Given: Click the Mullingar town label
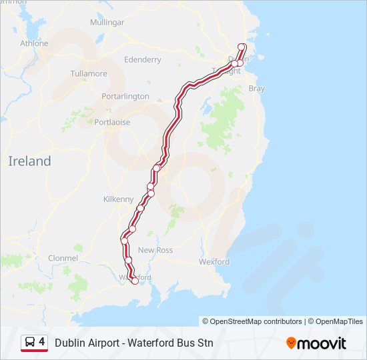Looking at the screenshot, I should (107, 22).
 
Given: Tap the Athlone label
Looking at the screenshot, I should (34, 43).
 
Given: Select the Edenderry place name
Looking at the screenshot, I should (143, 59).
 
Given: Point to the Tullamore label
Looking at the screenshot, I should (88, 73).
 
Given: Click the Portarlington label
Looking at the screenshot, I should (125, 96).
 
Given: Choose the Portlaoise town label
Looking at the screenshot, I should (112, 122).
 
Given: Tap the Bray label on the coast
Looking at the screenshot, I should (256, 88).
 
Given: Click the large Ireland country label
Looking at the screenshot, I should (29, 161).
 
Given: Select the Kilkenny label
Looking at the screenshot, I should (119, 199).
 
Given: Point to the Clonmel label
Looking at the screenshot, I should (63, 258).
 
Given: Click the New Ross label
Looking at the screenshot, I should (155, 250).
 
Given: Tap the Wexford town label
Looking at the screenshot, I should (214, 262).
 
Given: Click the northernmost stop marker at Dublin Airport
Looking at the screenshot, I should (242, 47).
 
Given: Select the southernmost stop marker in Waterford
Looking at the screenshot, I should (135, 281).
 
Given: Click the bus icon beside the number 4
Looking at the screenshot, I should (30, 343).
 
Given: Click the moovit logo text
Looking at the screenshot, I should (322, 343).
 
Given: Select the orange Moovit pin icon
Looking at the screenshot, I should (291, 343).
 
